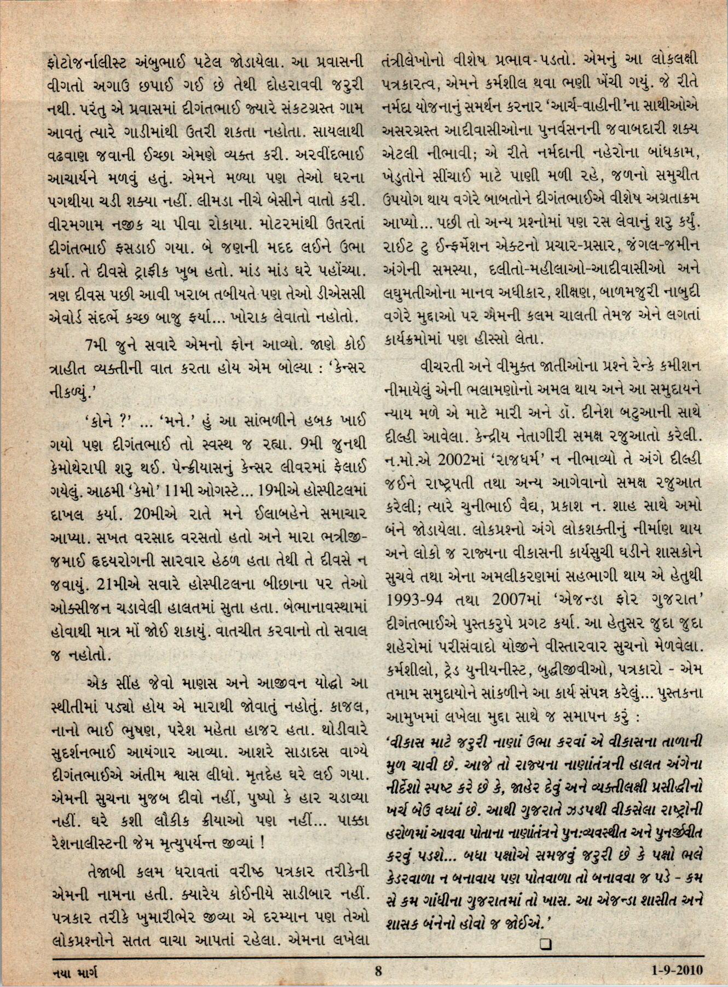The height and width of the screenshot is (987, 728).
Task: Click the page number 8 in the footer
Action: tap(378, 971)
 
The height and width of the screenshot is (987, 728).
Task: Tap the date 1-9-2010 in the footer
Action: tap(677, 971)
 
